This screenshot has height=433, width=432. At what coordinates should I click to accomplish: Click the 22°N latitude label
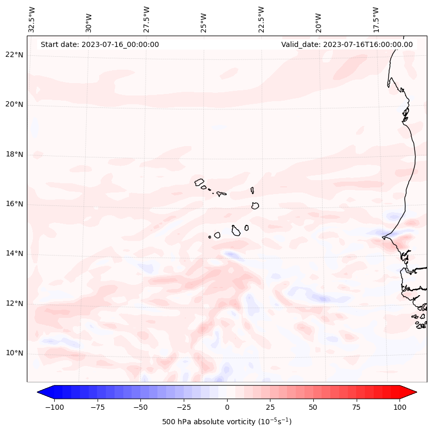(x=14, y=55)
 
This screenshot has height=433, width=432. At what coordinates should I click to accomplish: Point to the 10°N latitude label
(x=14, y=354)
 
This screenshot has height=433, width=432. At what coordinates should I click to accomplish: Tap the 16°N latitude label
(x=14, y=204)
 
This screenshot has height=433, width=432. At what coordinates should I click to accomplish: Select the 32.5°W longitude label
(x=32, y=19)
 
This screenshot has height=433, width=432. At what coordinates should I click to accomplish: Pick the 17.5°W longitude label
(x=376, y=19)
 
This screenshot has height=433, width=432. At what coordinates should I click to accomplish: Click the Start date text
(x=100, y=44)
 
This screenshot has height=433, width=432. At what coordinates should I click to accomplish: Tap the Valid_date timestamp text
(x=347, y=44)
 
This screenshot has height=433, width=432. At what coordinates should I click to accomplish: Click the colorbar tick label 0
(x=227, y=407)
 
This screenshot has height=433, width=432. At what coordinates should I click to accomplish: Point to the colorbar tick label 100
(x=400, y=407)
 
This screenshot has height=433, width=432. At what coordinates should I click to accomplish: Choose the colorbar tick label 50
(x=313, y=407)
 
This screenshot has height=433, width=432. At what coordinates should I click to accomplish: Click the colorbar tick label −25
(x=183, y=407)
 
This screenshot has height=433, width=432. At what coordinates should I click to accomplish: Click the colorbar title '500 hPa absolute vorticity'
(x=227, y=422)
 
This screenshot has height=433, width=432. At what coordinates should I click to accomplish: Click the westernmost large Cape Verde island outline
(x=199, y=182)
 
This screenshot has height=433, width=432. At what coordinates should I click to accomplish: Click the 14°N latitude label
(x=14, y=253)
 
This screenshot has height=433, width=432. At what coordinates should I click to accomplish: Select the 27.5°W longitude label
(x=147, y=19)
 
